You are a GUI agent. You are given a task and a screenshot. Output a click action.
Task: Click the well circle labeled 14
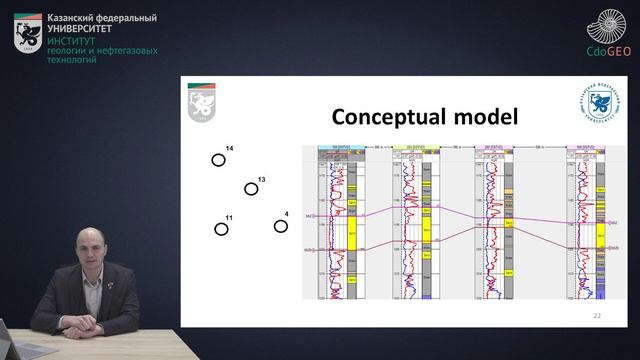coord(218,160)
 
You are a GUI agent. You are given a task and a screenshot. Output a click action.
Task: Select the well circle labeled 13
coord(251,189)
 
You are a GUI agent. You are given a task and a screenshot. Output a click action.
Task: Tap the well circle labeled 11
coord(221,229)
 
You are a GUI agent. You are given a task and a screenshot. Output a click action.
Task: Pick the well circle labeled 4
coord(281,226)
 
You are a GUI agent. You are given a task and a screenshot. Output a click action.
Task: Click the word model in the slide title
coord(484,117)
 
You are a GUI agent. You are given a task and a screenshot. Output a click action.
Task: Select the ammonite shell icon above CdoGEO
coord(607,25)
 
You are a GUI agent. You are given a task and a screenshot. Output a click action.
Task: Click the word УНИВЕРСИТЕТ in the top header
coord(79,30)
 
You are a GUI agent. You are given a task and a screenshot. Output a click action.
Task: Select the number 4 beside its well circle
coord(286,214)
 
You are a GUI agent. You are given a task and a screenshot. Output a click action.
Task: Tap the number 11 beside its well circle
coord(229,218)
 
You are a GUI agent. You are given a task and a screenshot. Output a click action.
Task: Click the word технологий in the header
coord(71,61)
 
